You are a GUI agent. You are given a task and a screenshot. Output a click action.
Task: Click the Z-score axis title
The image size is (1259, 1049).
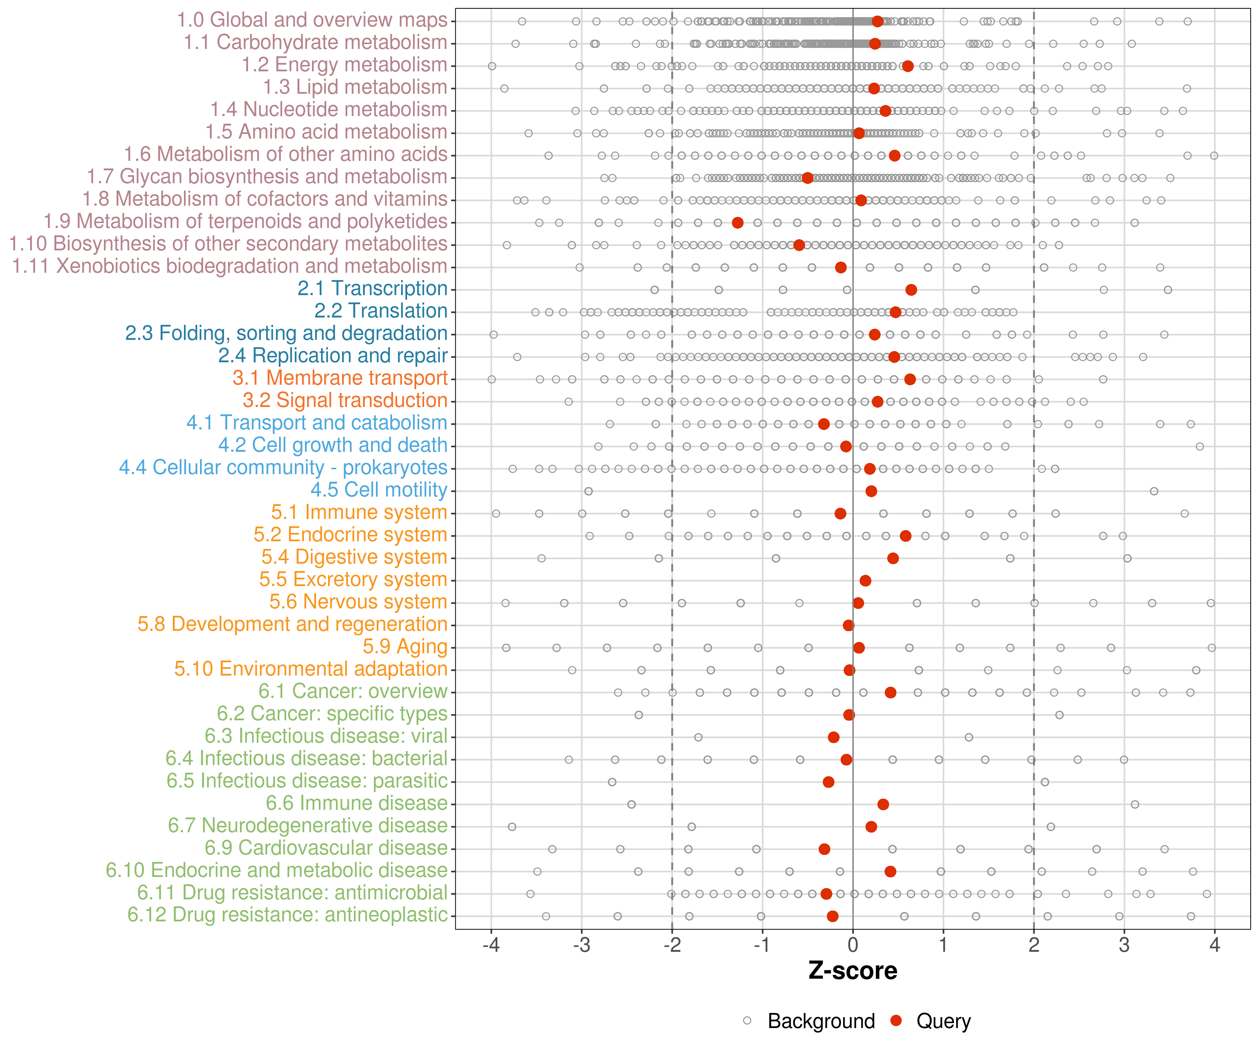click(x=853, y=970)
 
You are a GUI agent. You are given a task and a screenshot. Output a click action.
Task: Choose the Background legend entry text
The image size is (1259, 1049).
click(x=821, y=1021)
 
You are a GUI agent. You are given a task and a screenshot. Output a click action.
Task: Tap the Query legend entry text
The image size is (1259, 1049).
click(x=944, y=1021)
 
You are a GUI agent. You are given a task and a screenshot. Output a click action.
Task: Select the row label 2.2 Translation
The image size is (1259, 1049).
click(x=381, y=311)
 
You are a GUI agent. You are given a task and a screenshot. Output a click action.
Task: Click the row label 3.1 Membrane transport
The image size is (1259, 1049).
click(x=340, y=378)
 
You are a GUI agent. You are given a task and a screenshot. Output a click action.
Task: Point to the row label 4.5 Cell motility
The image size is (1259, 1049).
click(x=379, y=490)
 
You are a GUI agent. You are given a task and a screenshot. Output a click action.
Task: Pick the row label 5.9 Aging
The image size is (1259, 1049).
click(x=405, y=646)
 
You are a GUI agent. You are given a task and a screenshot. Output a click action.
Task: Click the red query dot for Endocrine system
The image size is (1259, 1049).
click(x=905, y=536)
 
